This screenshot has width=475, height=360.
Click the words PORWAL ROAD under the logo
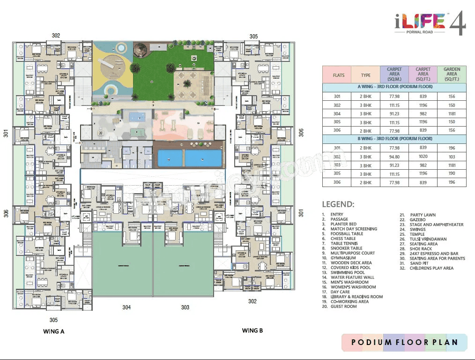pos(420,32)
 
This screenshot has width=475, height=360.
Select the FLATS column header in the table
pos(338,75)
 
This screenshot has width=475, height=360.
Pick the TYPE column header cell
pos(366,75)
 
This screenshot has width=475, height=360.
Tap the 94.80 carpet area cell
pos(394,157)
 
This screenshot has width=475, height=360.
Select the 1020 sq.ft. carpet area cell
pos(423,157)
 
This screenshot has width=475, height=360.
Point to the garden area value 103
pos(452,157)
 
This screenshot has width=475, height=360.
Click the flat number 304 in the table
pos(337,113)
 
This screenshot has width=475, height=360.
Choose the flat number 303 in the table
pos(337,165)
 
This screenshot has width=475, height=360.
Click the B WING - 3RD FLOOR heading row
pos(394,139)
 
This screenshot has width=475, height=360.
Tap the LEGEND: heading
pos(338,204)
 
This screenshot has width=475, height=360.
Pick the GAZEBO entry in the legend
pos(417,219)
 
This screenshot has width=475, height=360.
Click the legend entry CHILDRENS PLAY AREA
pos(431,268)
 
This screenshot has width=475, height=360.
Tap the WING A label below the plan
pos(53,331)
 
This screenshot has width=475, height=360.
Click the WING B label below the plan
pos(252,330)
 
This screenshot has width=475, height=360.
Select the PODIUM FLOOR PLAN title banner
pos(404,342)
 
